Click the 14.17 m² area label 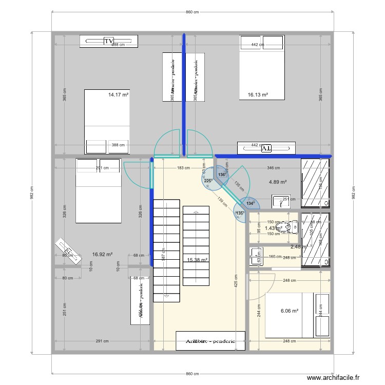[118, 94]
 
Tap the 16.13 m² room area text [258, 94]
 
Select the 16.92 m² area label [102, 254]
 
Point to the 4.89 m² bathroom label [278, 182]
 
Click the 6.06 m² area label [290, 310]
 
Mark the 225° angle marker [208, 181]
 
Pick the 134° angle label [250, 203]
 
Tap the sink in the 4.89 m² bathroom [280, 200]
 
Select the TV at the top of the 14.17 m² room [109, 41]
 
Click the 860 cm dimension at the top [192, 12]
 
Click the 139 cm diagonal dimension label [222, 202]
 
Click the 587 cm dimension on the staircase [163, 257]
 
